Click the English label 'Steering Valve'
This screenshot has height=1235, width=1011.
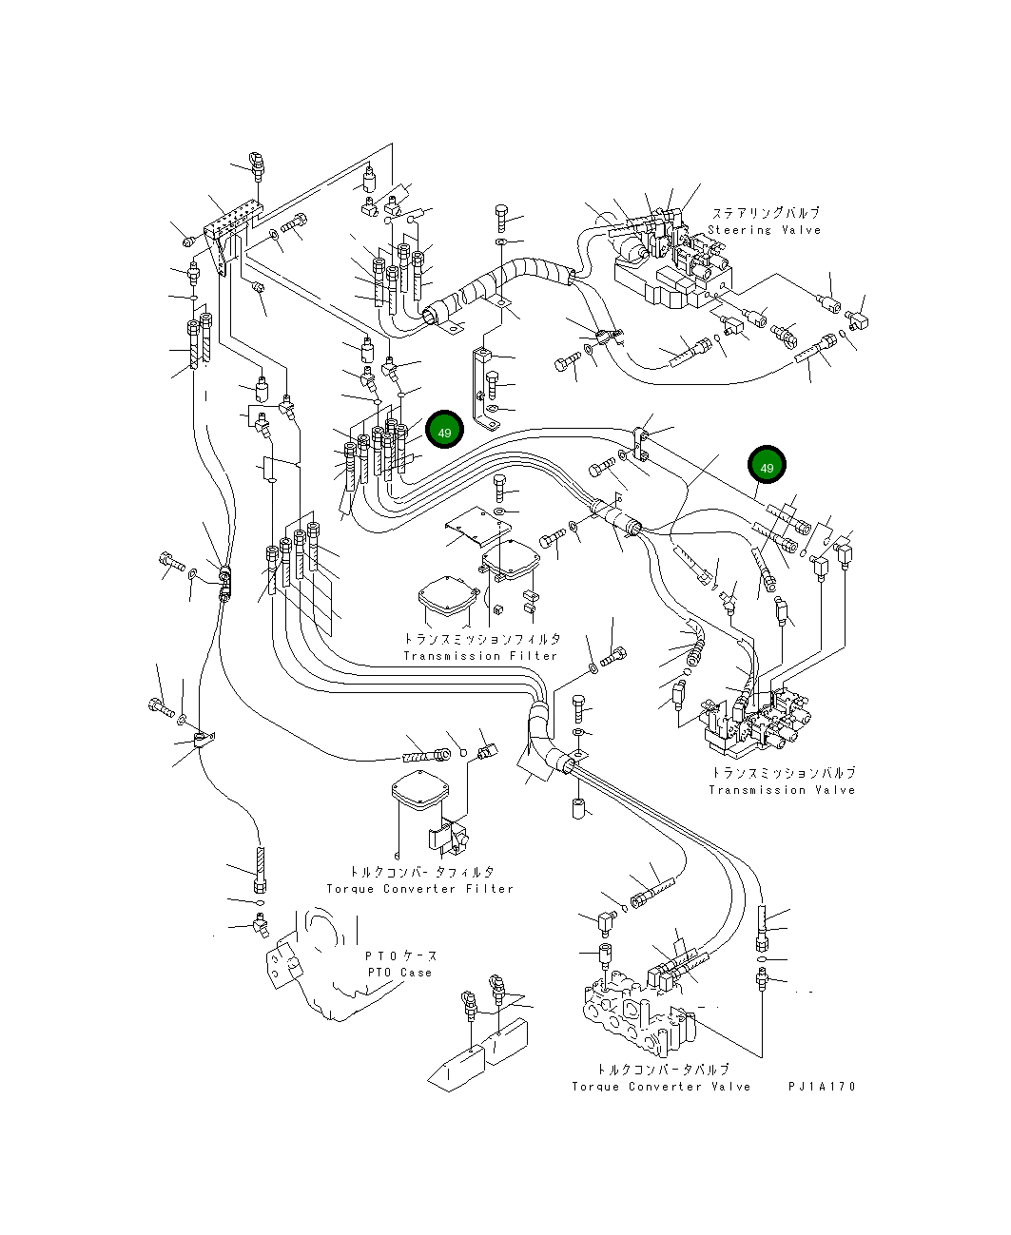(764, 230)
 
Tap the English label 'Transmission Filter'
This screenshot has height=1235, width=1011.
(480, 656)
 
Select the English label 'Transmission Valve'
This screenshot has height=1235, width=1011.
(782, 790)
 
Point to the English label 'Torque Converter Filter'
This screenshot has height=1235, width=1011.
(419, 889)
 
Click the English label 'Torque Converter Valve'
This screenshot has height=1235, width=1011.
(661, 1087)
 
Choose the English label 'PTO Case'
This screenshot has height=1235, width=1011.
(399, 973)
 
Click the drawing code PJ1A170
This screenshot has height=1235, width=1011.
(822, 1087)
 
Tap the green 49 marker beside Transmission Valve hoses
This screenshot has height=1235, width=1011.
(767, 466)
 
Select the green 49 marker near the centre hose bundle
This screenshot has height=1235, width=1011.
(444, 432)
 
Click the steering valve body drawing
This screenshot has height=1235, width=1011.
(671, 271)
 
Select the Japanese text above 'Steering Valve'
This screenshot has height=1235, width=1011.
(766, 214)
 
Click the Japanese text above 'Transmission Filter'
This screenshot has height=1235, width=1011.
(481, 640)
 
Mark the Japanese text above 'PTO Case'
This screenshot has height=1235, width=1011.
(400, 955)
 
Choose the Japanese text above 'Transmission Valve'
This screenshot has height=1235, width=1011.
(783, 773)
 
